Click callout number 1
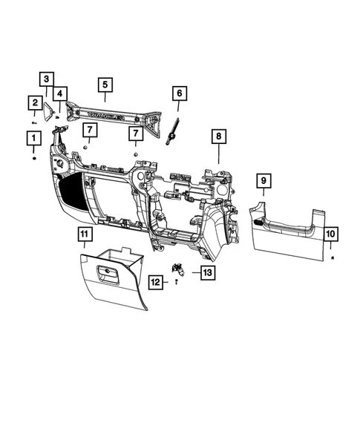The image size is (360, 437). coord(33,137)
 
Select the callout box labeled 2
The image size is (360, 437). coord(34,102)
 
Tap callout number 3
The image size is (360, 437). coord(46,79)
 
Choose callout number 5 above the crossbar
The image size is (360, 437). coord(105,85)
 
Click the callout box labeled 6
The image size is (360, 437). coord(179,93)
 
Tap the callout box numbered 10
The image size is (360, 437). coord(330,234)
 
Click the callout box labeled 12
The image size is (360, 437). coord(156,282)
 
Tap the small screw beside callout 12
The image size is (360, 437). coord(177,283)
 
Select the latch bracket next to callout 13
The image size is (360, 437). coord(180,269)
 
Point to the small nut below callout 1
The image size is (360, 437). coord(33,158)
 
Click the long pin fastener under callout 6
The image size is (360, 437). coord(175,127)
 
